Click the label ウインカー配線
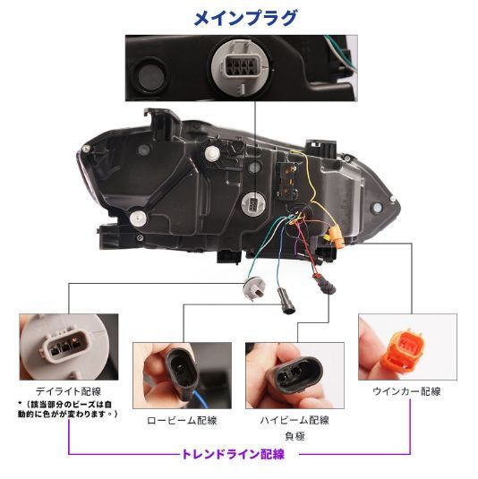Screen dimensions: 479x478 (405, 390)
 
